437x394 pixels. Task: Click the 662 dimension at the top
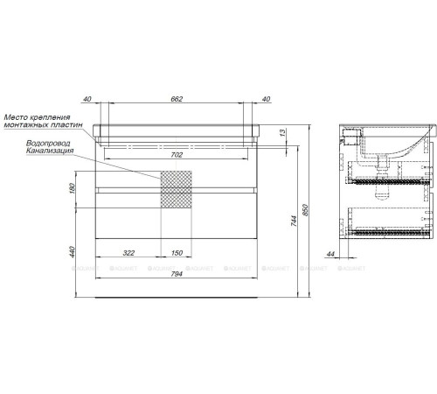177,99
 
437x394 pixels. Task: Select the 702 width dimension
177,155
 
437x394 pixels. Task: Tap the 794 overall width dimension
177,274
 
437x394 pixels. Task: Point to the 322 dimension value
128,253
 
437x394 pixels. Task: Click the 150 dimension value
177,253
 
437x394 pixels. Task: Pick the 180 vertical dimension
73,188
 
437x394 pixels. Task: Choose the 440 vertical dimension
73,252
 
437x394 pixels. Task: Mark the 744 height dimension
294,221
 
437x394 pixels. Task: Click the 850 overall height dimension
305,210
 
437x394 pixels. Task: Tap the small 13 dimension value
282,133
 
